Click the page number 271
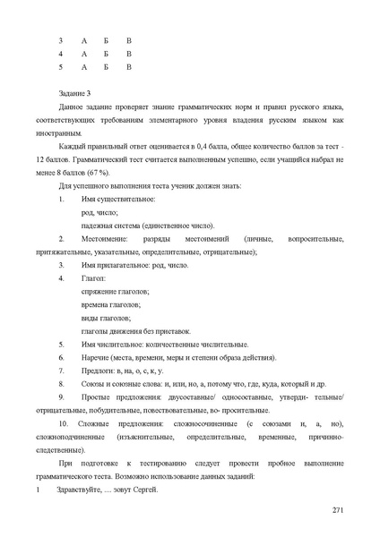[x=337, y=510]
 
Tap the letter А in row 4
[x=83, y=54]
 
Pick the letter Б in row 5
[x=106, y=66]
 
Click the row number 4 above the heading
[x=60, y=54]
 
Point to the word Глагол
[x=93, y=279]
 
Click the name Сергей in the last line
[x=143, y=490]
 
